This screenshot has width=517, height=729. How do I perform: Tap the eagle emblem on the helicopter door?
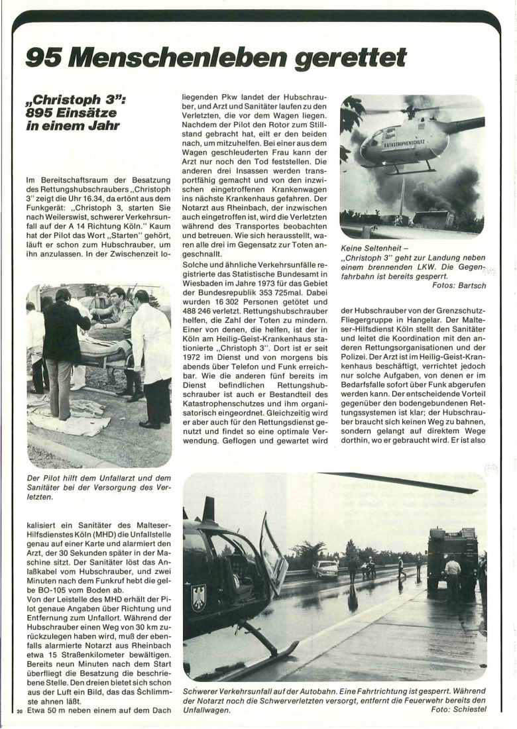(x=198, y=597)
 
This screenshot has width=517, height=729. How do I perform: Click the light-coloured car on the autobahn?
(x=324, y=568)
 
